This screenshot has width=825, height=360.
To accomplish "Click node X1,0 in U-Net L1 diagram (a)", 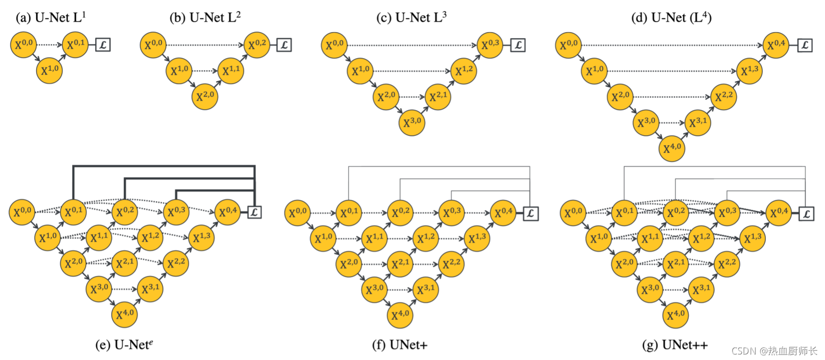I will (x=49, y=71).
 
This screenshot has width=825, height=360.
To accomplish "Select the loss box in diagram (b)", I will (x=284, y=45).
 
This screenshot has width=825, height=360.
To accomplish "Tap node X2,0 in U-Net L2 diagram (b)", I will (x=205, y=96).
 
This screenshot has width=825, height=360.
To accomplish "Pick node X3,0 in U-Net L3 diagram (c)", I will (x=412, y=122).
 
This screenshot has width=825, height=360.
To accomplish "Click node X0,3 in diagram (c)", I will (x=489, y=45).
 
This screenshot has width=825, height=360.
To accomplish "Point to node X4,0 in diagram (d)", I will (x=672, y=148).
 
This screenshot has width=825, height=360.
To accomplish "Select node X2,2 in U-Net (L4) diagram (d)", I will (x=723, y=96).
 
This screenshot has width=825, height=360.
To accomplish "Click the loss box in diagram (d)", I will (x=805, y=45).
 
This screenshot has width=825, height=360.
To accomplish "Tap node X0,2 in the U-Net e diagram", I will (x=125, y=211).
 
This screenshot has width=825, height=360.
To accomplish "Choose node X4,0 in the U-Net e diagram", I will (x=125, y=314).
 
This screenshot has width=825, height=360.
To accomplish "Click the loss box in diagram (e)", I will (x=254, y=212).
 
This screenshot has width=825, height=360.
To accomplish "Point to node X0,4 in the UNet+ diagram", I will (x=503, y=213).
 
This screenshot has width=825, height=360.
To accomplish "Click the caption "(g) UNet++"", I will (x=675, y=345).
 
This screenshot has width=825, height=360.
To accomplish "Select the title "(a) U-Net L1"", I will (x=51, y=18).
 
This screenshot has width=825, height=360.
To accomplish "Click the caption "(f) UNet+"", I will (x=399, y=345).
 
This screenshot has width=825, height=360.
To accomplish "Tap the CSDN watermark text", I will (x=774, y=351).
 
